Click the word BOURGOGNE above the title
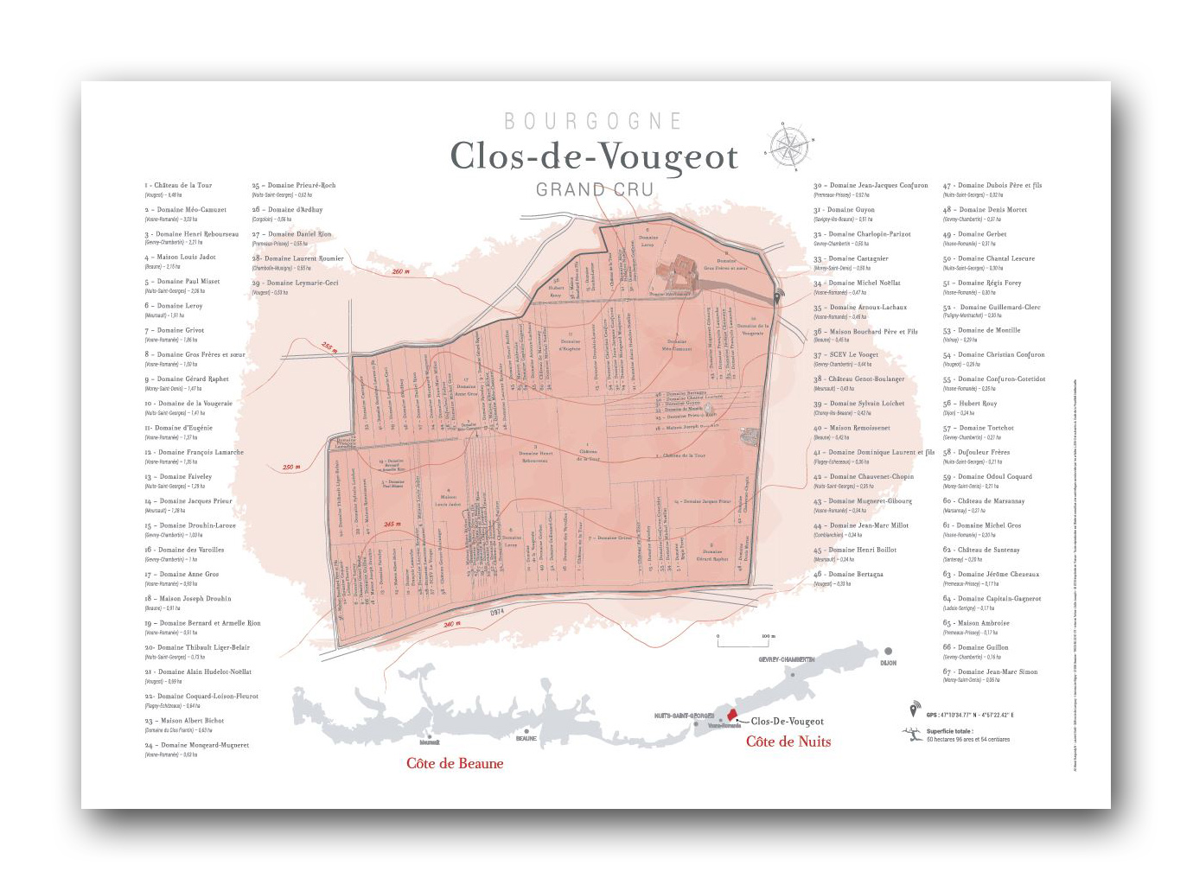click(x=593, y=121)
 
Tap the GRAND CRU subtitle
click(x=594, y=189)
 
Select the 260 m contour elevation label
click(x=400, y=272)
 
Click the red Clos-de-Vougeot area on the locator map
click(x=731, y=714)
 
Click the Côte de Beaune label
click(x=455, y=763)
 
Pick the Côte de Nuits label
click(x=788, y=741)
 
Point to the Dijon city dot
click(x=887, y=652)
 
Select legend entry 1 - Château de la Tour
click(x=179, y=185)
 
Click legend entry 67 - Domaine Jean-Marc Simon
click(x=991, y=671)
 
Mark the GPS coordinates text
click(x=971, y=715)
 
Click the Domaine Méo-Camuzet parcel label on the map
click(x=677, y=348)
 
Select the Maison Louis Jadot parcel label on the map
click(x=448, y=500)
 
